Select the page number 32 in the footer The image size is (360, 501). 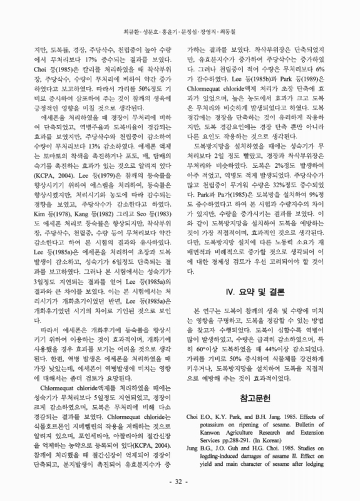tap(179, 482)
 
